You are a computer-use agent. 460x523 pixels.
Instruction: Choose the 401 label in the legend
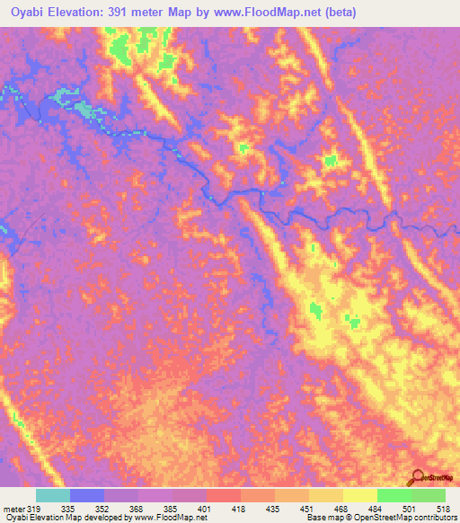206,508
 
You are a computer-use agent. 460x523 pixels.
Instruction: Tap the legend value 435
274,508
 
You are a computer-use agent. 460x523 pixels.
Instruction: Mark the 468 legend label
341,508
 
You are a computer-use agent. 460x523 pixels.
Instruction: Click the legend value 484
376,508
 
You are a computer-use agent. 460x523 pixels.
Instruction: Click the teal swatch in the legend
53,495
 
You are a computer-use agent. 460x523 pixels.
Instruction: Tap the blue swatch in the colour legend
87,495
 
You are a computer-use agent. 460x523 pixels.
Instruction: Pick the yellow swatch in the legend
359,495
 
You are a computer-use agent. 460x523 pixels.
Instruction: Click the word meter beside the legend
13,508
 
